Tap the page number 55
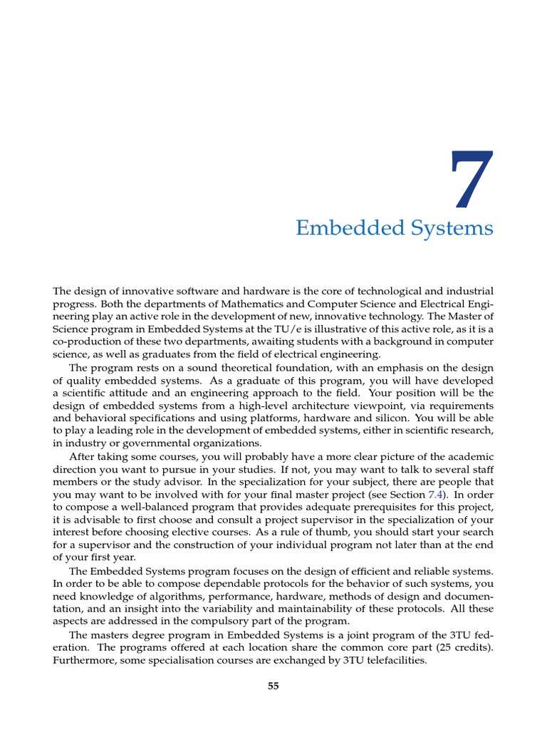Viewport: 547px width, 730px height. pos(273,686)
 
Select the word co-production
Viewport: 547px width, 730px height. pos(87,341)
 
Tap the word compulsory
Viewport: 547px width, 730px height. pos(193,621)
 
